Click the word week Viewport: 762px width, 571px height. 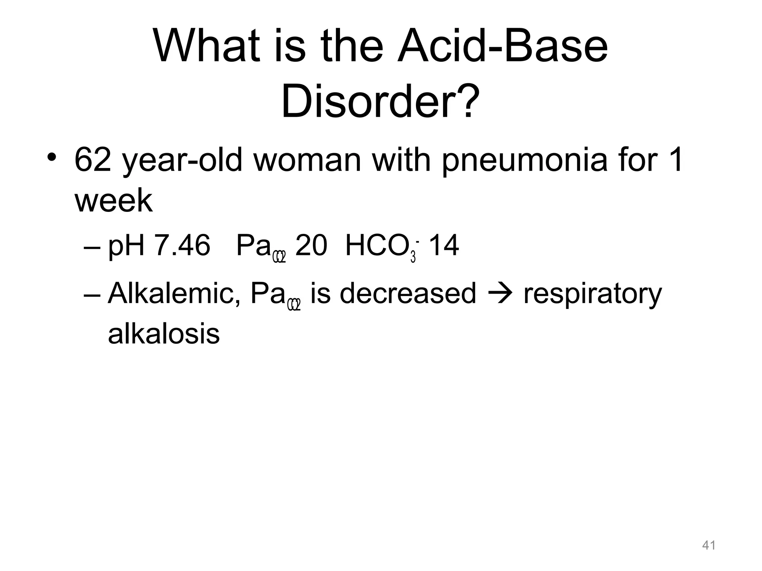click(113, 201)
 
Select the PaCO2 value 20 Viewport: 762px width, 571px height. click(311, 246)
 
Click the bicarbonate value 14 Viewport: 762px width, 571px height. click(444, 246)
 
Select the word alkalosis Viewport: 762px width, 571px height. click(164, 334)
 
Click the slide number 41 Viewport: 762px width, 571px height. click(709, 545)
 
